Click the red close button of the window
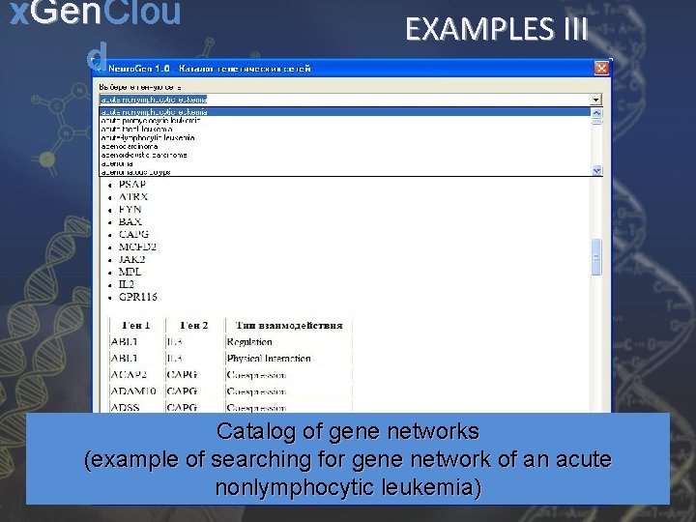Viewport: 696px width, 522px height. click(602, 69)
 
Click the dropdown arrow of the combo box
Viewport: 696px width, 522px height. click(595, 99)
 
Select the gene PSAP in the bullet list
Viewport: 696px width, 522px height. click(132, 184)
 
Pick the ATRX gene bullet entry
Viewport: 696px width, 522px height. click(133, 196)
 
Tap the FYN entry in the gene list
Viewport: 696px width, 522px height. click(130, 209)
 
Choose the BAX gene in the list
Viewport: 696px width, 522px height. click(130, 221)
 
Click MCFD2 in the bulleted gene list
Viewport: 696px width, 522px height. click(137, 246)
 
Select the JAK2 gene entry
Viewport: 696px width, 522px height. click(131, 259)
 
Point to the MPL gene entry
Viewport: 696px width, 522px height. click(130, 272)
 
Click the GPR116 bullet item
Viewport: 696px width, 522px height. click(137, 297)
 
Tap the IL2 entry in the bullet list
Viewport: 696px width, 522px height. click(127, 284)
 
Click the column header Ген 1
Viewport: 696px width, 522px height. click(127, 326)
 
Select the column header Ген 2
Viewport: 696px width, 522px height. click(182, 326)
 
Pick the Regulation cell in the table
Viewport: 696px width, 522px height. click(249, 342)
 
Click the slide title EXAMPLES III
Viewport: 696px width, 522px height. click(496, 29)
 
